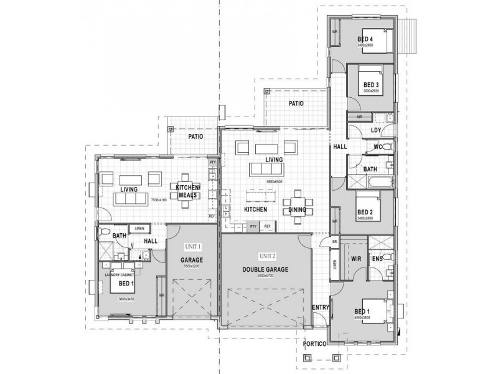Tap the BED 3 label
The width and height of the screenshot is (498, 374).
pyautogui.click(x=371, y=85)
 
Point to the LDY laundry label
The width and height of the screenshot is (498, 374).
pyautogui.click(x=375, y=130)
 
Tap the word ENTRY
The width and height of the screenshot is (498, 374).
pyautogui.click(x=320, y=307)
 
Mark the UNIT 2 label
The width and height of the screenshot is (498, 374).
pyautogui.click(x=266, y=256)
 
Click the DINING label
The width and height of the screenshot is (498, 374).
pyautogui.click(x=297, y=210)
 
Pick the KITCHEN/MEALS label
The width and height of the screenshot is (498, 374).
pyautogui.click(x=187, y=191)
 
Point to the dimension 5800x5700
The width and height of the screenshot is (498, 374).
pyautogui.click(x=265, y=276)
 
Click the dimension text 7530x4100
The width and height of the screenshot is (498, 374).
pyautogui.click(x=158, y=200)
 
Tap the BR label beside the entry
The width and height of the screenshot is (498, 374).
pyautogui.click(x=334, y=241)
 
